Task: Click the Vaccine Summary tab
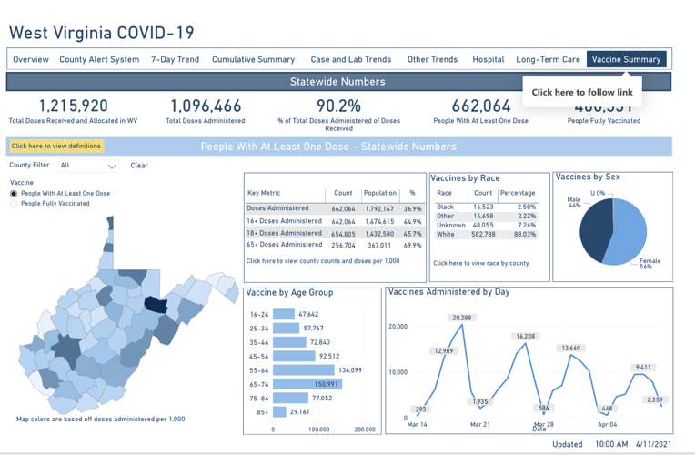pos(626,59)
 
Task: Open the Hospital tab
pos(488,59)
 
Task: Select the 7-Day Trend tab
pos(175,59)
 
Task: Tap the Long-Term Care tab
pos(548,59)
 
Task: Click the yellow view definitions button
pos(56,146)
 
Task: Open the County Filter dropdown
pos(88,166)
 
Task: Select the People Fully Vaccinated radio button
pos(14,204)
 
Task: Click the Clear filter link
pos(138,166)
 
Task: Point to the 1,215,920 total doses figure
pos(73,106)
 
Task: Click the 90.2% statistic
pos(338,106)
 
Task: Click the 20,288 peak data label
pos(462,318)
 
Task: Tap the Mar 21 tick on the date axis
pos(479,425)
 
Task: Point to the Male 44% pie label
pos(573,202)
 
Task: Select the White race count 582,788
pos(483,234)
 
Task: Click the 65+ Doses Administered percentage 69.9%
pos(412,245)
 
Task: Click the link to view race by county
pos(480,263)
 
